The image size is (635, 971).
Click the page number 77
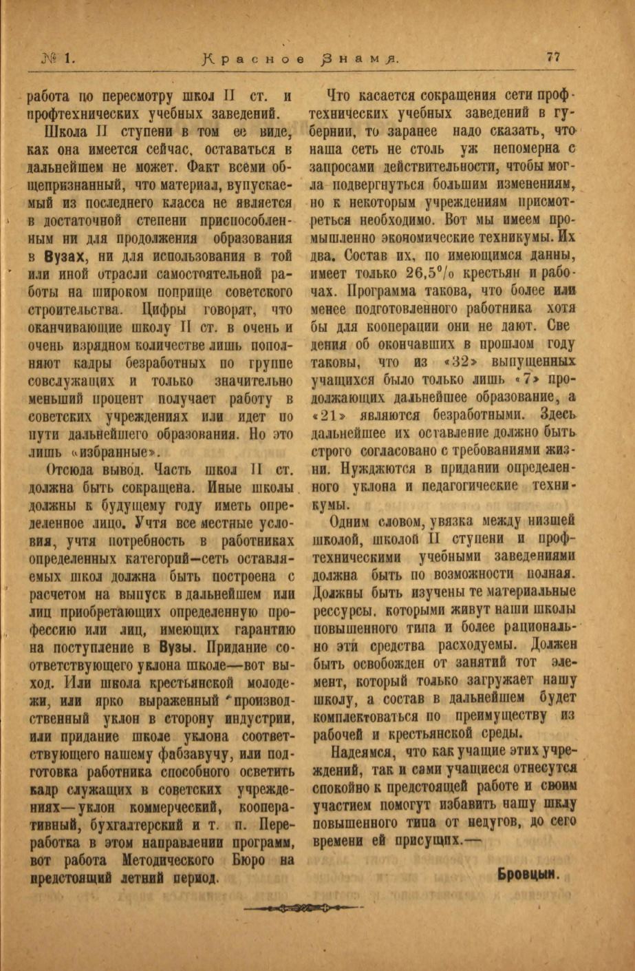(x=553, y=58)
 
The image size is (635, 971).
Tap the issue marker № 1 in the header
(x=61, y=59)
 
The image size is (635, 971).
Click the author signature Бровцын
(x=526, y=875)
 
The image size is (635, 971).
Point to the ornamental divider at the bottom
(x=305, y=908)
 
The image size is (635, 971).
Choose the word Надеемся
(x=362, y=750)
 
